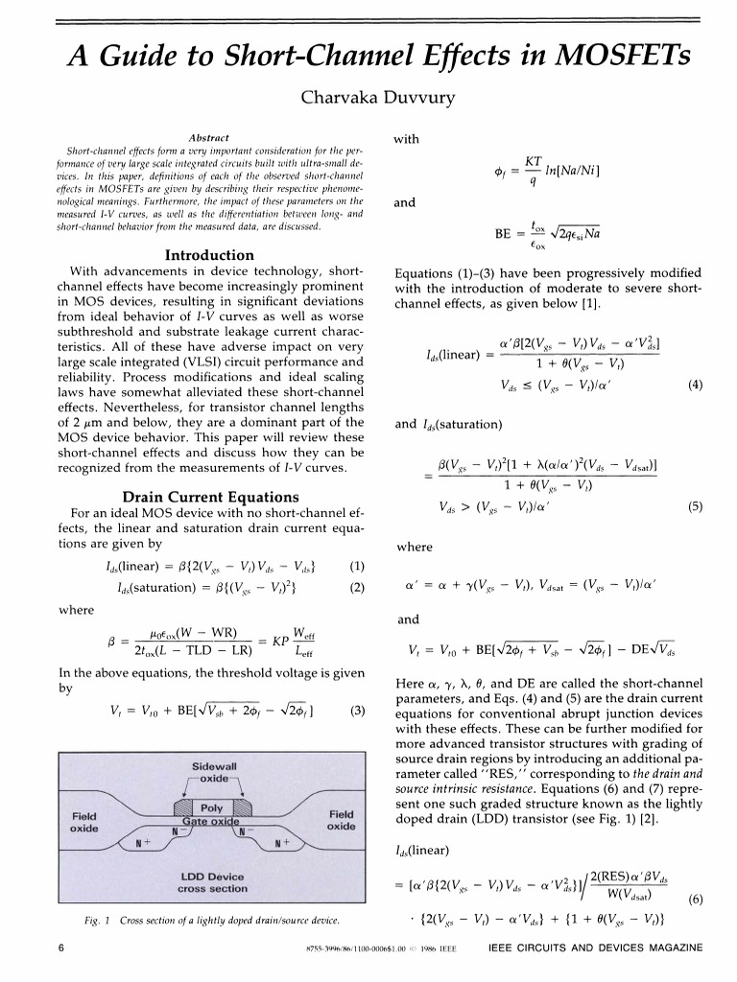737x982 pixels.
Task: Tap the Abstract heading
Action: tap(209, 138)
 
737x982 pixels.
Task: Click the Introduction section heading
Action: tap(209, 255)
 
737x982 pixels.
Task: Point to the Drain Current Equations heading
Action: tap(209, 497)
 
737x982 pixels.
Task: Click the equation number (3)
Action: tap(358, 711)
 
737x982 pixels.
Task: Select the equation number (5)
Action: tap(696, 507)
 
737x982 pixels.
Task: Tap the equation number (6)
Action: tap(696, 899)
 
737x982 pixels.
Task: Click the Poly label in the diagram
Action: tap(211, 808)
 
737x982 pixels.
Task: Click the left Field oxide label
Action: tap(84, 821)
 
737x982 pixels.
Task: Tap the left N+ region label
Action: tap(144, 844)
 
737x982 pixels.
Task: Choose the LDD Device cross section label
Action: tap(214, 882)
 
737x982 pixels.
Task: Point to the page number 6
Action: tap(60, 948)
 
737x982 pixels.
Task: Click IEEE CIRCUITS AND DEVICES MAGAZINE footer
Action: tap(595, 948)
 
